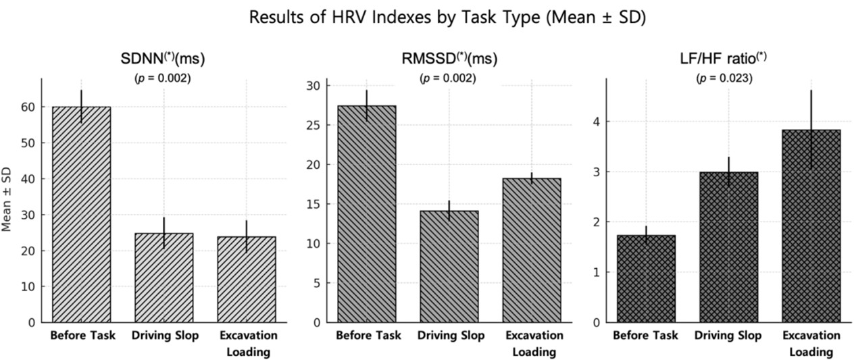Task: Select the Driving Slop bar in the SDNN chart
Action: click(164, 278)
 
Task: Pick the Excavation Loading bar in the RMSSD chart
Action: click(531, 250)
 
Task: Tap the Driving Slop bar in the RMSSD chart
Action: click(449, 267)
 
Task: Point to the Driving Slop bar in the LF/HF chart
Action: click(728, 247)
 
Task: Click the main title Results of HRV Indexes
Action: click(447, 18)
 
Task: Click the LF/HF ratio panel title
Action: click(723, 59)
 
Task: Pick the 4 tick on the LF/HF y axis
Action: click(597, 122)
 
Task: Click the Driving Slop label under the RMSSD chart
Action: click(450, 336)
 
